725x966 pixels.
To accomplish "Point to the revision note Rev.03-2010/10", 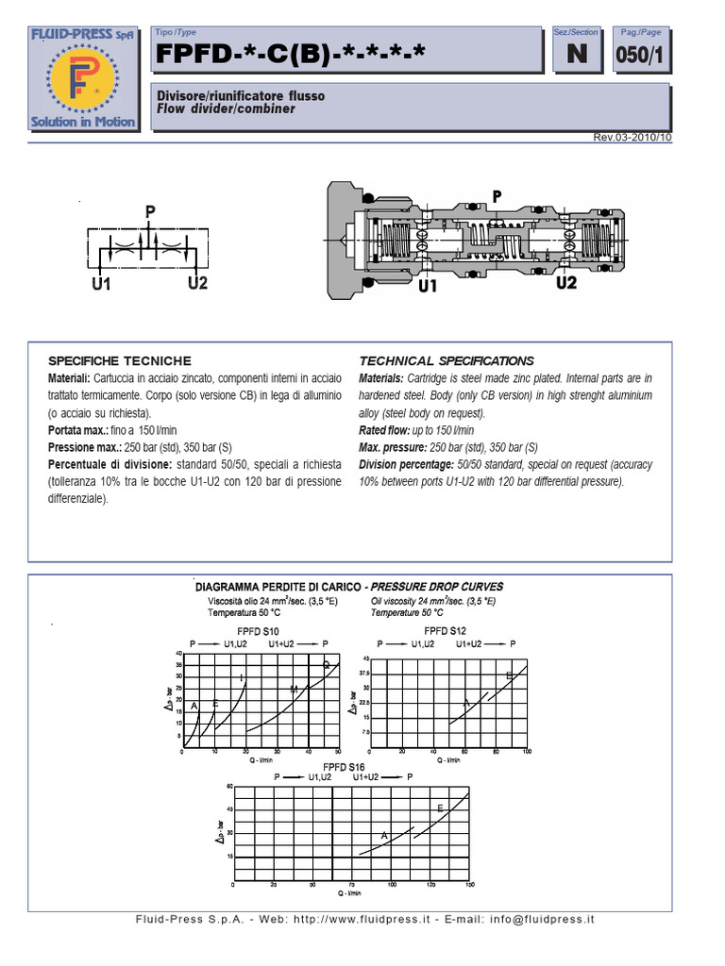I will (x=632, y=138).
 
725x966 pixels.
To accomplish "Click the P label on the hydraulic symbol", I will (x=149, y=213).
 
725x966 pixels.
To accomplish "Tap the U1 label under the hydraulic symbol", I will (x=102, y=283).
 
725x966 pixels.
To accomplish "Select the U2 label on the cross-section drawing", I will (x=566, y=282).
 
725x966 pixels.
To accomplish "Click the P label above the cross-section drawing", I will (x=497, y=195).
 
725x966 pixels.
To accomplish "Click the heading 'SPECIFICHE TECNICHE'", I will (x=120, y=361).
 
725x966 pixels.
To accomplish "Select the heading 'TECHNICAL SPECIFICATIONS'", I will (x=447, y=361).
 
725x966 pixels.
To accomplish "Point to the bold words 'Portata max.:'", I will (x=85, y=430).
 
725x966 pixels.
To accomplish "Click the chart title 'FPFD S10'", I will (x=257, y=629).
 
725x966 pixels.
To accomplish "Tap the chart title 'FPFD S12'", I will (x=444, y=629).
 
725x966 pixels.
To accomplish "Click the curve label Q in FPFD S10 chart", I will (x=327, y=665).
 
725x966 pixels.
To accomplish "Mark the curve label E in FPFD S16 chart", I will (x=440, y=808).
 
